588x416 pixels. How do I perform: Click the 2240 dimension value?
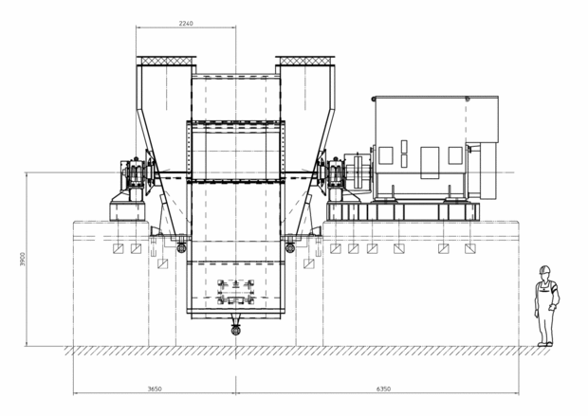[x=186, y=24]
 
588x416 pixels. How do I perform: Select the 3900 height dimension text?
[x=23, y=259]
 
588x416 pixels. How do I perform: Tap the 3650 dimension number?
[x=155, y=389]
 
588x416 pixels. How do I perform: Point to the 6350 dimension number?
[x=383, y=389]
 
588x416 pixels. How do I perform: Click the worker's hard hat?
[x=544, y=269]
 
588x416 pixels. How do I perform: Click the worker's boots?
[x=545, y=344]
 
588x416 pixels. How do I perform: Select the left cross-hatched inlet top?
[x=166, y=61]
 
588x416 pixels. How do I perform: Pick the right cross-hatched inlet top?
[x=305, y=61]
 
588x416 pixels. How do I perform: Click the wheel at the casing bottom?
[x=235, y=330]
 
